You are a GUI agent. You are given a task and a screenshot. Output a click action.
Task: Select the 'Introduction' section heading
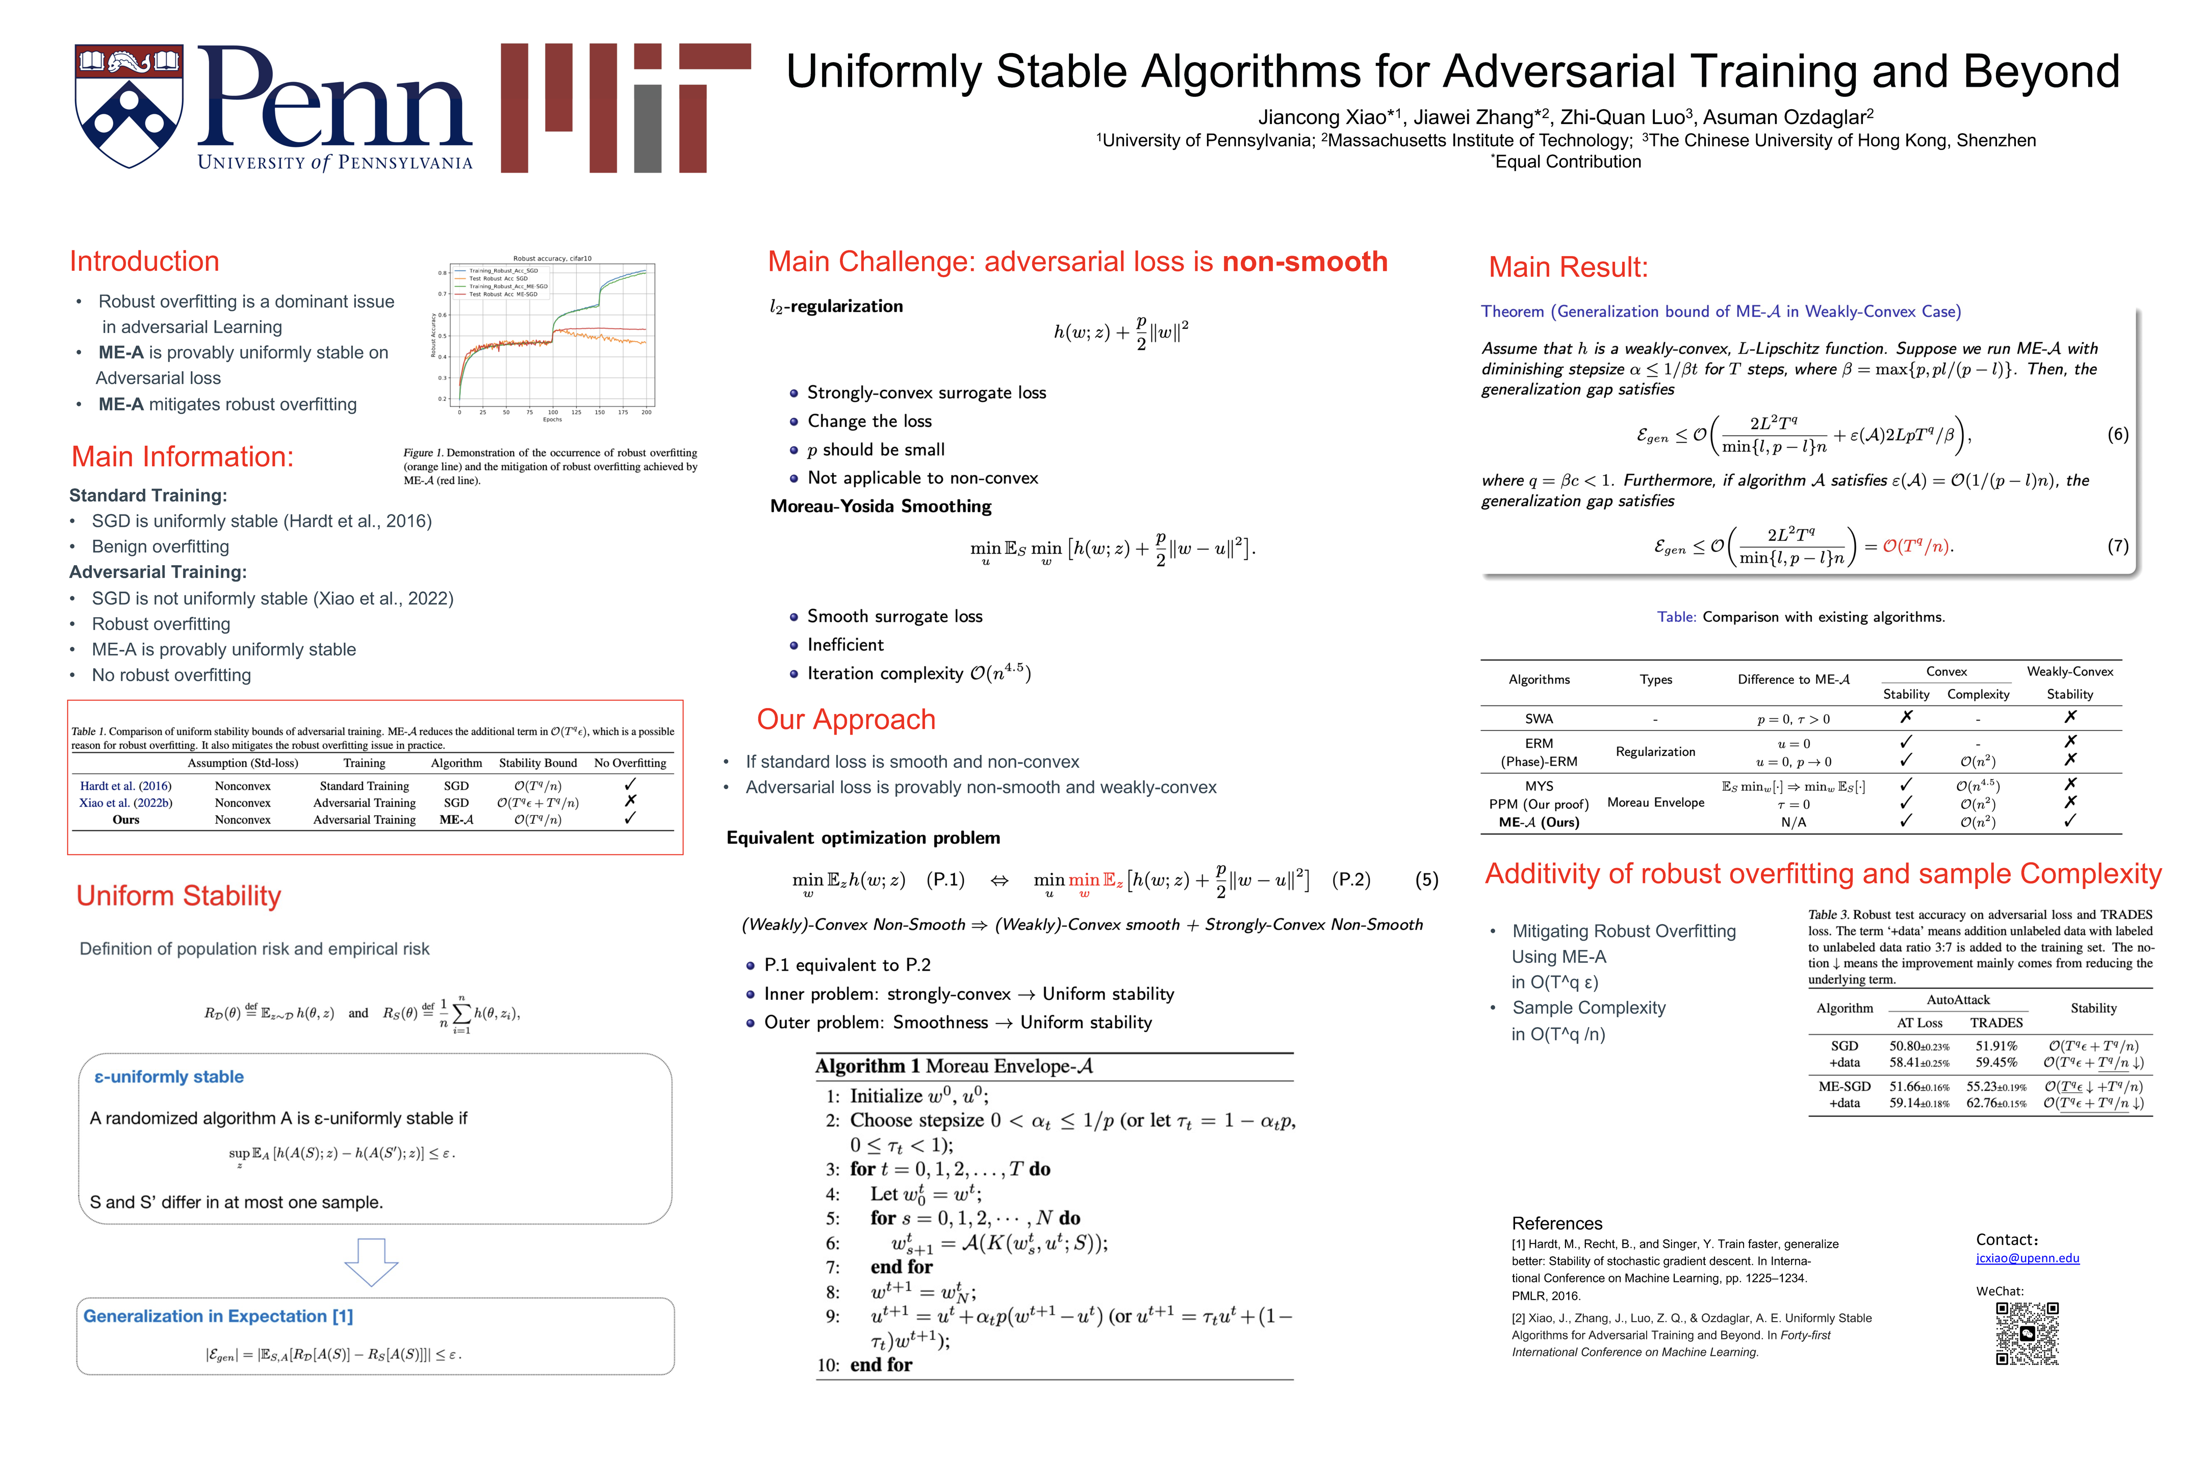tap(144, 261)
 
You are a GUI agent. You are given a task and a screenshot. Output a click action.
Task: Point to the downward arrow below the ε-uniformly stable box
tap(372, 1262)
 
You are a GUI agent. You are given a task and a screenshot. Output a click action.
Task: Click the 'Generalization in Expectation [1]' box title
tap(218, 1316)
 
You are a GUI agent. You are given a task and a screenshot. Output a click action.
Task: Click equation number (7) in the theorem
tap(2117, 546)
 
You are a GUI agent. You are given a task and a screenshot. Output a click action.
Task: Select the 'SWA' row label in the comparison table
tap(1539, 719)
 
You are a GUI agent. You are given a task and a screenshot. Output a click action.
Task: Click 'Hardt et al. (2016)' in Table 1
tap(125, 786)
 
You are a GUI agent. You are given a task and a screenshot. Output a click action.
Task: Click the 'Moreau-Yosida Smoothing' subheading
tap(881, 506)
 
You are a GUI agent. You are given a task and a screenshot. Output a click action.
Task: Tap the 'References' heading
tap(1557, 1224)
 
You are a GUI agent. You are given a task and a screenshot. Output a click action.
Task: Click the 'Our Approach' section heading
tap(846, 720)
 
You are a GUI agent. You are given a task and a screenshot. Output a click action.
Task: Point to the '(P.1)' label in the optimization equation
tap(945, 880)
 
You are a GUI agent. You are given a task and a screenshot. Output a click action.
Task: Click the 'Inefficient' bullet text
tap(845, 645)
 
